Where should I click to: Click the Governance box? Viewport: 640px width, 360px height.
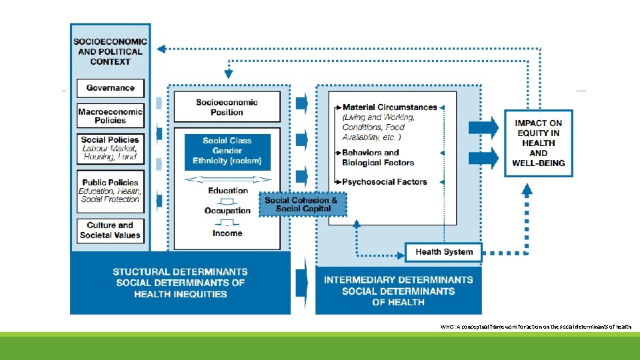[110, 88]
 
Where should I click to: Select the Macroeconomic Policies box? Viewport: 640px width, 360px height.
[110, 116]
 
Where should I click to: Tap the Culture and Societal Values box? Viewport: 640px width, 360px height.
[110, 230]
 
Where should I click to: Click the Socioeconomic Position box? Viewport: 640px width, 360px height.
[227, 107]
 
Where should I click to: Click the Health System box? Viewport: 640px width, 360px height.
[443, 252]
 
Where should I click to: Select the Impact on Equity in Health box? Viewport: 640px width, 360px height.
[538, 143]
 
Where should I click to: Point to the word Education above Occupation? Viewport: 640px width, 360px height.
[227, 191]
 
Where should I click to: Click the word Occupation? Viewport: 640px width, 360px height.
[227, 211]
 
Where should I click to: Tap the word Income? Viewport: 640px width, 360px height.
[227, 233]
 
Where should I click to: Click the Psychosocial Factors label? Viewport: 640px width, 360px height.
[385, 181]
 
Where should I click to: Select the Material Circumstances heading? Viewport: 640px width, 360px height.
[389, 107]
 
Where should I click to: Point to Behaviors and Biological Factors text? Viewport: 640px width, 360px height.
[378, 157]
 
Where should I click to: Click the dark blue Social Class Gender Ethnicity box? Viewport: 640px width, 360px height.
[227, 151]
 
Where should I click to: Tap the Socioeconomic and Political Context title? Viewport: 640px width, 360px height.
[110, 51]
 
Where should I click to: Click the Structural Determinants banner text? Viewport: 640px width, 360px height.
[180, 283]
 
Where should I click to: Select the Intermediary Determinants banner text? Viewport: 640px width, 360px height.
[398, 291]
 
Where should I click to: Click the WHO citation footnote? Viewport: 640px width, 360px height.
[535, 327]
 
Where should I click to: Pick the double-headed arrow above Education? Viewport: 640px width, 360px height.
[227, 179]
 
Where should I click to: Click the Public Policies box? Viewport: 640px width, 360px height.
[110, 191]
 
